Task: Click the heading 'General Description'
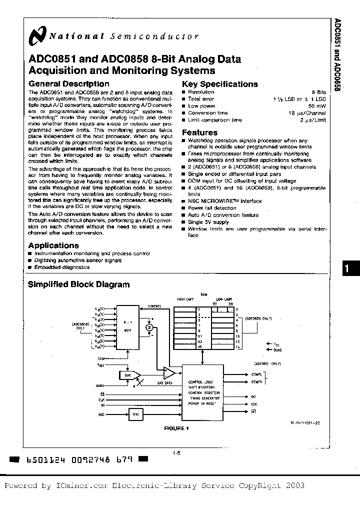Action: coord(68,84)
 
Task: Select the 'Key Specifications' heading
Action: coord(219,84)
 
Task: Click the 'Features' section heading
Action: coord(199,132)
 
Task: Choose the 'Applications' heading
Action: coord(53,245)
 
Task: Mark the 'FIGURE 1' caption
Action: coord(176,428)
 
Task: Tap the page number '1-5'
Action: coord(176,453)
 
